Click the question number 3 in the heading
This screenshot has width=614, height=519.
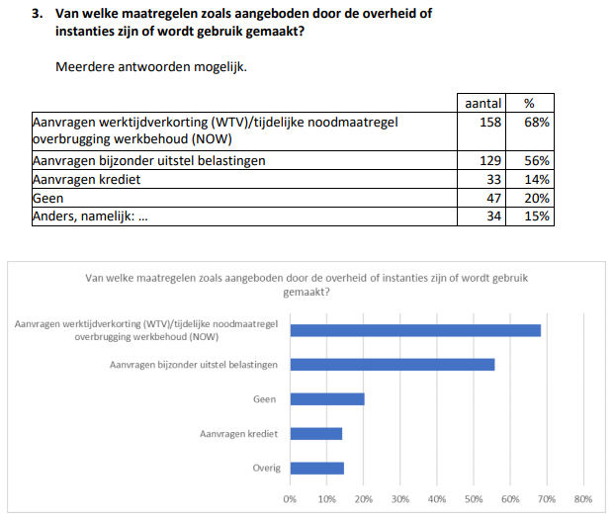tap(39, 16)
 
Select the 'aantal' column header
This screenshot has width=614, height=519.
tap(482, 103)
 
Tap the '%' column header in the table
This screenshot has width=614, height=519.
tap(529, 103)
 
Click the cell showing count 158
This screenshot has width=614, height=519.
tap(490, 122)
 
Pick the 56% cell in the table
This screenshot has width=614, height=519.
tap(537, 160)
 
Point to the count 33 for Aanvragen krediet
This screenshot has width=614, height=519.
tap(494, 179)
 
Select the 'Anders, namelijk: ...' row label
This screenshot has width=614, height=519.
tap(90, 216)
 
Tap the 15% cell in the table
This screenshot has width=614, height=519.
tap(537, 216)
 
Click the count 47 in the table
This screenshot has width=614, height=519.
tap(494, 198)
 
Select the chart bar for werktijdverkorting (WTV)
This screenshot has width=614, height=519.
tap(415, 329)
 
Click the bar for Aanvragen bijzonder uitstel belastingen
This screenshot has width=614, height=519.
tap(393, 365)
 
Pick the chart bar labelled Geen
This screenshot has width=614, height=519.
tap(327, 399)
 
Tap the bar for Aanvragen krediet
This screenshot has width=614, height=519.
tap(316, 433)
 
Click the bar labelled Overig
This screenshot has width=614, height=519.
tap(317, 468)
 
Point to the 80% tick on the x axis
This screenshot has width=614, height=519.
tap(582, 499)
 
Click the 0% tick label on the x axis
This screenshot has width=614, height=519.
tap(290, 499)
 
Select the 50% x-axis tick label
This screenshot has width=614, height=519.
tap(473, 499)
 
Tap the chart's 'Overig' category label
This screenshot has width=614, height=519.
tap(265, 468)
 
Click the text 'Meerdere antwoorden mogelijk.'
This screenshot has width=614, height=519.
tap(152, 66)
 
